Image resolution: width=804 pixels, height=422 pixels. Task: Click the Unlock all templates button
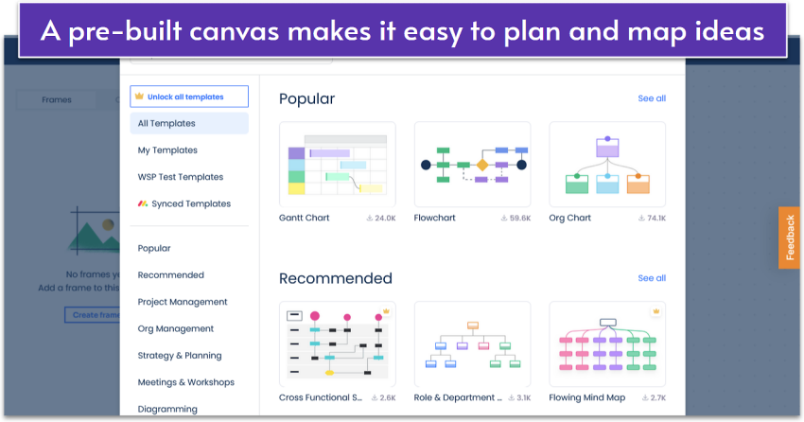(x=189, y=97)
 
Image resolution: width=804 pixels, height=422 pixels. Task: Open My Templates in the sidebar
(x=167, y=150)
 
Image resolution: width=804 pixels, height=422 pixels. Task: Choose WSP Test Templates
(x=181, y=177)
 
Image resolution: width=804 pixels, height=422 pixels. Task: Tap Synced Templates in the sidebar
(x=190, y=203)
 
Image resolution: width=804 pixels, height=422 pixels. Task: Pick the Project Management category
(x=183, y=302)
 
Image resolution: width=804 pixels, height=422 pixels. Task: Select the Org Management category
(x=176, y=328)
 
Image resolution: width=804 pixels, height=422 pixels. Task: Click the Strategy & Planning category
(x=180, y=356)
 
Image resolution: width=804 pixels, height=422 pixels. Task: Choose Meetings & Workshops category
(x=186, y=382)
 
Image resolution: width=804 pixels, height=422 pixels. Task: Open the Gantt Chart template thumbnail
(x=338, y=164)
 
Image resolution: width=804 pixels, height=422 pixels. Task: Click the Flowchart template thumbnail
(x=472, y=164)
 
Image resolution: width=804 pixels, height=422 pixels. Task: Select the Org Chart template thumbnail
(x=607, y=164)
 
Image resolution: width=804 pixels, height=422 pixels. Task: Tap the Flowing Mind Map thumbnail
(x=607, y=343)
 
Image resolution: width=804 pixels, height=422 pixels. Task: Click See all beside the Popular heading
(x=652, y=98)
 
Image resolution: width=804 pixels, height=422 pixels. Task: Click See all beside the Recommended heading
(x=652, y=278)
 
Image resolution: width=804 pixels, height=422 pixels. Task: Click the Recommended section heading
(x=336, y=278)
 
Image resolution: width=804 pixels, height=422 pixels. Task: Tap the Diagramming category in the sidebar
(x=167, y=409)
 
